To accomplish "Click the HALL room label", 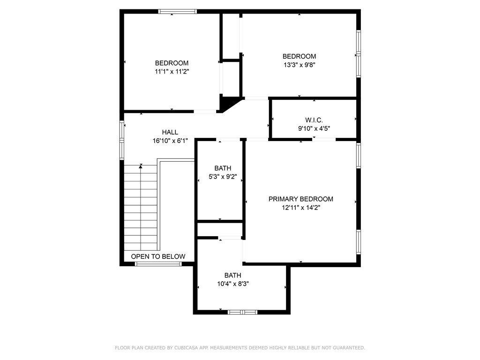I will pyautogui.click(x=170, y=132).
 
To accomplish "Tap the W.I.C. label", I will pyautogui.click(x=314, y=120).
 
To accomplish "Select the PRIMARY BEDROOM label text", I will pyautogui.click(x=301, y=199).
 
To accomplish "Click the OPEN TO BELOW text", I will pyautogui.click(x=158, y=256).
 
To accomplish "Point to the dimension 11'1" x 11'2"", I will pyautogui.click(x=172, y=72).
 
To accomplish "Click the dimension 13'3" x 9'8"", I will pyautogui.click(x=299, y=65).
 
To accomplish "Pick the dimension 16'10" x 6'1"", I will pyautogui.click(x=170, y=141).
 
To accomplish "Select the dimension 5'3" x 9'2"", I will pyautogui.click(x=223, y=177).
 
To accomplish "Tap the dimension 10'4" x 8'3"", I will pyautogui.click(x=232, y=284).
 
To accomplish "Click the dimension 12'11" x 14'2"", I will pyautogui.click(x=301, y=207).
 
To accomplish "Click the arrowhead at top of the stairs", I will pyautogui.click(x=141, y=165).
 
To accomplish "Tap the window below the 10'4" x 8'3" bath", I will pyautogui.click(x=242, y=311).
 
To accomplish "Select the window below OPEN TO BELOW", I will pyautogui.click(x=158, y=264).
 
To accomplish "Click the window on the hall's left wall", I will pyautogui.click(x=122, y=140).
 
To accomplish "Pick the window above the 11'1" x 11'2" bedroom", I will pyautogui.click(x=177, y=12).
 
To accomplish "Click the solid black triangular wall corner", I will pyautogui.click(x=227, y=102).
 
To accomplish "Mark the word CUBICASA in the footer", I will pyautogui.click(x=186, y=348).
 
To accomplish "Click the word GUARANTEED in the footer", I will pyautogui.click(x=346, y=348).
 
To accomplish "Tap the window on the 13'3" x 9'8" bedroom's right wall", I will pyautogui.click(x=359, y=54).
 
